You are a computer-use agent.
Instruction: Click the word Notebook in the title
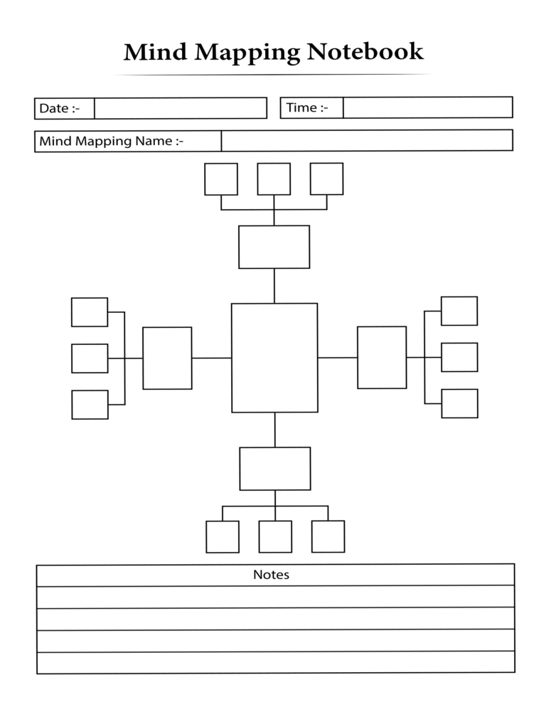[365, 52]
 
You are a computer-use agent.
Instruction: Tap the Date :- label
[59, 108]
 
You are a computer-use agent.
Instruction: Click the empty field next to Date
[181, 108]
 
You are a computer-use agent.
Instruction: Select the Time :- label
[307, 107]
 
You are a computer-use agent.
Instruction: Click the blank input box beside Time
[427, 107]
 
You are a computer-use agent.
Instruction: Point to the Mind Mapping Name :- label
[111, 141]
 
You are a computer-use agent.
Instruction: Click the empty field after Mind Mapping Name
[366, 141]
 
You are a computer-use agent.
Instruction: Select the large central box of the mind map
[274, 358]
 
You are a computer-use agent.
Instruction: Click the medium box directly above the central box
[274, 247]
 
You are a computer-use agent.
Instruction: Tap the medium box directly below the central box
[274, 469]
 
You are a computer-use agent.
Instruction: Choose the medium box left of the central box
[167, 358]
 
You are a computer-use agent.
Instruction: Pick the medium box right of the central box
[382, 357]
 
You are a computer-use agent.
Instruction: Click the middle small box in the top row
[274, 179]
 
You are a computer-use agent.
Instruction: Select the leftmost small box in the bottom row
[223, 536]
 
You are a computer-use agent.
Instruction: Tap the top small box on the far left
[90, 312]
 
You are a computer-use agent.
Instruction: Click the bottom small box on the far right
[459, 403]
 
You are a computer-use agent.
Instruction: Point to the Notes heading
[271, 575]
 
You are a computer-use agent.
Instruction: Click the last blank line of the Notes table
[275, 662]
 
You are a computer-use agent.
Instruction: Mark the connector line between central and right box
[337, 358]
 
